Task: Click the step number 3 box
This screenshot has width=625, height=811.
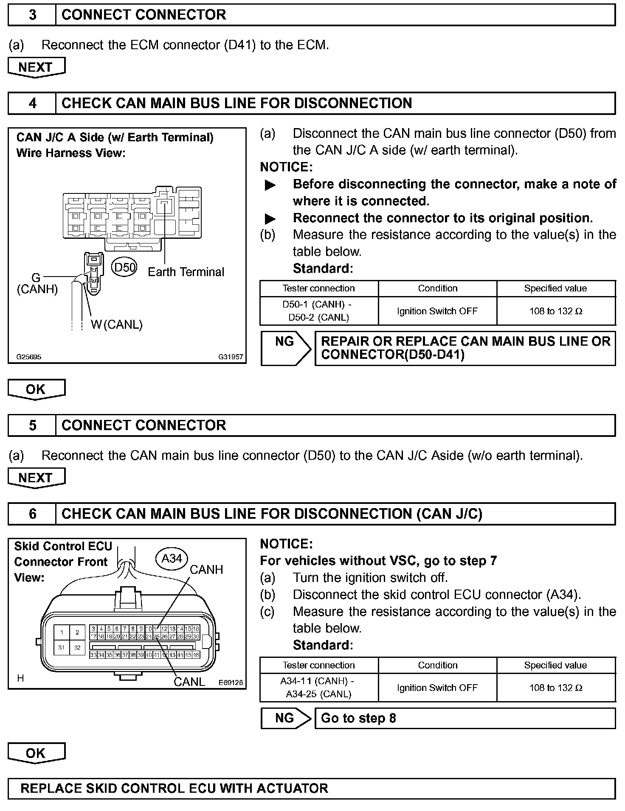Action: [32, 15]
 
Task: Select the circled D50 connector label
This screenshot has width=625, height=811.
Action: [124, 267]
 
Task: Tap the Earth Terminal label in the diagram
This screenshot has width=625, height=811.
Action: [186, 272]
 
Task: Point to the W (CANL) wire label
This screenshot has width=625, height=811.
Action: [117, 324]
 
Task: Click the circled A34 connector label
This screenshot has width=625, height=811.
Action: [172, 558]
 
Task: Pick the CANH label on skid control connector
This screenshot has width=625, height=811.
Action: [206, 570]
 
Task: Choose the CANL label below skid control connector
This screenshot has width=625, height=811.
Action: [189, 682]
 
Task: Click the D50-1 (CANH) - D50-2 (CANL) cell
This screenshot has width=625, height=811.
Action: [318, 311]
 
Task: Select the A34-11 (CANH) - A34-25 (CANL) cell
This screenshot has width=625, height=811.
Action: [318, 688]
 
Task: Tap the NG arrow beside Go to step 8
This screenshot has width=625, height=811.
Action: [285, 718]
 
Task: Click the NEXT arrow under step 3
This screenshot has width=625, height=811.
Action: [36, 68]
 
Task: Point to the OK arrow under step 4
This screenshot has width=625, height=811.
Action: [36, 389]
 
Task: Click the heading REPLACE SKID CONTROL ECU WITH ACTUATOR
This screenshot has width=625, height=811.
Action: [174, 789]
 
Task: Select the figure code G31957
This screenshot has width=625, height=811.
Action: [231, 357]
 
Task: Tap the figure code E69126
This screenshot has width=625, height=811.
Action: [231, 683]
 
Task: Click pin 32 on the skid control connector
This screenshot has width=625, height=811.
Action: [77, 648]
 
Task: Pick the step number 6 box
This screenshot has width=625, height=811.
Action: [32, 514]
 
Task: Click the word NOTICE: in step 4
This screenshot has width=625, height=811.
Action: [286, 167]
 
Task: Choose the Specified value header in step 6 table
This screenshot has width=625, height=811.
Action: [555, 665]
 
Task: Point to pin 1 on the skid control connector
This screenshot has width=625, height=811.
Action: [62, 632]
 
